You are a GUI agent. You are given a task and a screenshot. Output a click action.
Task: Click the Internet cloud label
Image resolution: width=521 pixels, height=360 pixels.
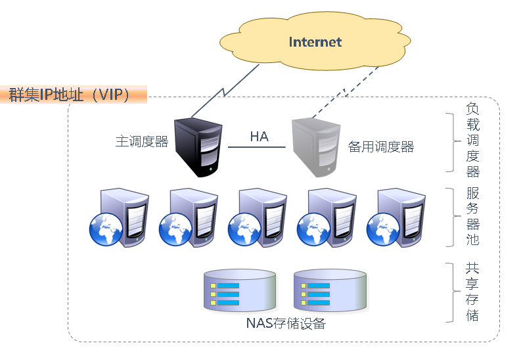[315, 42]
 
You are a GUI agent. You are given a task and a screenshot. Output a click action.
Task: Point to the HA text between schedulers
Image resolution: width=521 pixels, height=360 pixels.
[259, 137]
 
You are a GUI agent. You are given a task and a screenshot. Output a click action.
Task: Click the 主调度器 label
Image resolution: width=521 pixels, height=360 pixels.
[142, 142]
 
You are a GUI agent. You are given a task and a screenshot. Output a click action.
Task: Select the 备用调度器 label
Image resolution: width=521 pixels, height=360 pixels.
[381, 147]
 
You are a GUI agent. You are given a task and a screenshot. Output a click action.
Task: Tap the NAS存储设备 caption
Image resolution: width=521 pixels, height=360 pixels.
[286, 324]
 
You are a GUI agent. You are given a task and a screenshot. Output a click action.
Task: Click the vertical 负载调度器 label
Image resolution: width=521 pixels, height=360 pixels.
[472, 140]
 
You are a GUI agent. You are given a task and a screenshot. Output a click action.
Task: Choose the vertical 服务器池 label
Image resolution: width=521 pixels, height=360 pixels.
[472, 216]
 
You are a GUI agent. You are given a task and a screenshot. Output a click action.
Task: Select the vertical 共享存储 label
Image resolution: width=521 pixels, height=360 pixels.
[472, 292]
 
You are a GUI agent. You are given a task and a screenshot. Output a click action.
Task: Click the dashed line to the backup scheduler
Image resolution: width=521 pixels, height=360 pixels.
[345, 92]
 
